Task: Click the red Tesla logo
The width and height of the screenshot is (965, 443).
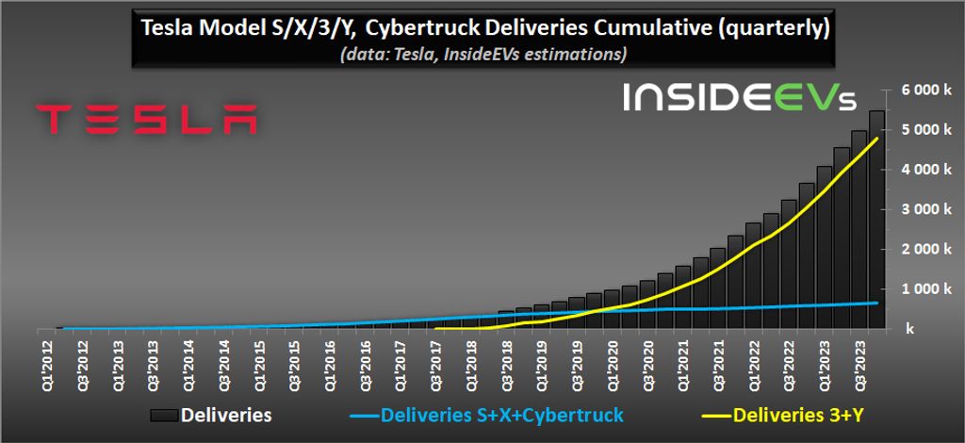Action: pos(146,119)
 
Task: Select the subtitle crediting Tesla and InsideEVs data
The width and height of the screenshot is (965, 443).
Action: pos(483,55)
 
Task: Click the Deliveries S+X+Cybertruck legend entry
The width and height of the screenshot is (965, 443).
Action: pos(487,414)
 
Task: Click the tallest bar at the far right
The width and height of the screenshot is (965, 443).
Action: pos(875,226)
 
